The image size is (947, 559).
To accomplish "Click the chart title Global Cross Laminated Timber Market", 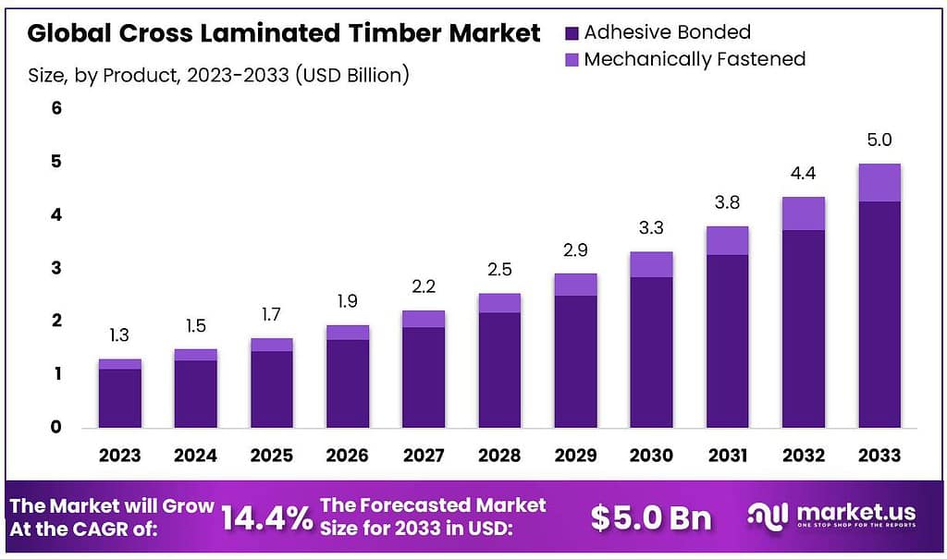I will tap(283, 33).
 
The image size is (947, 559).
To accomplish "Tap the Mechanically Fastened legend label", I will tap(695, 59).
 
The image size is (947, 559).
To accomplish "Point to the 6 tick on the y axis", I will tap(55, 108).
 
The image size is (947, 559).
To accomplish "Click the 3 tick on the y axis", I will tap(55, 268).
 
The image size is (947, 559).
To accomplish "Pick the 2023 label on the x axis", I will tap(119, 455).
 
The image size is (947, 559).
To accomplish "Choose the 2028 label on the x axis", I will tap(499, 455).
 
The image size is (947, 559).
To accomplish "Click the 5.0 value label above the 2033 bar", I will tap(879, 140).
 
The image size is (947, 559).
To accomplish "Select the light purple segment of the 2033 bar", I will tap(879, 183).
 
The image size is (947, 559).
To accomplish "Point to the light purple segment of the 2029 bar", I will tap(575, 285).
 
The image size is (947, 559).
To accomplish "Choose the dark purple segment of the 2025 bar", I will tap(271, 388).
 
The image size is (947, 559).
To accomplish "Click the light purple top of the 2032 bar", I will tap(803, 213).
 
